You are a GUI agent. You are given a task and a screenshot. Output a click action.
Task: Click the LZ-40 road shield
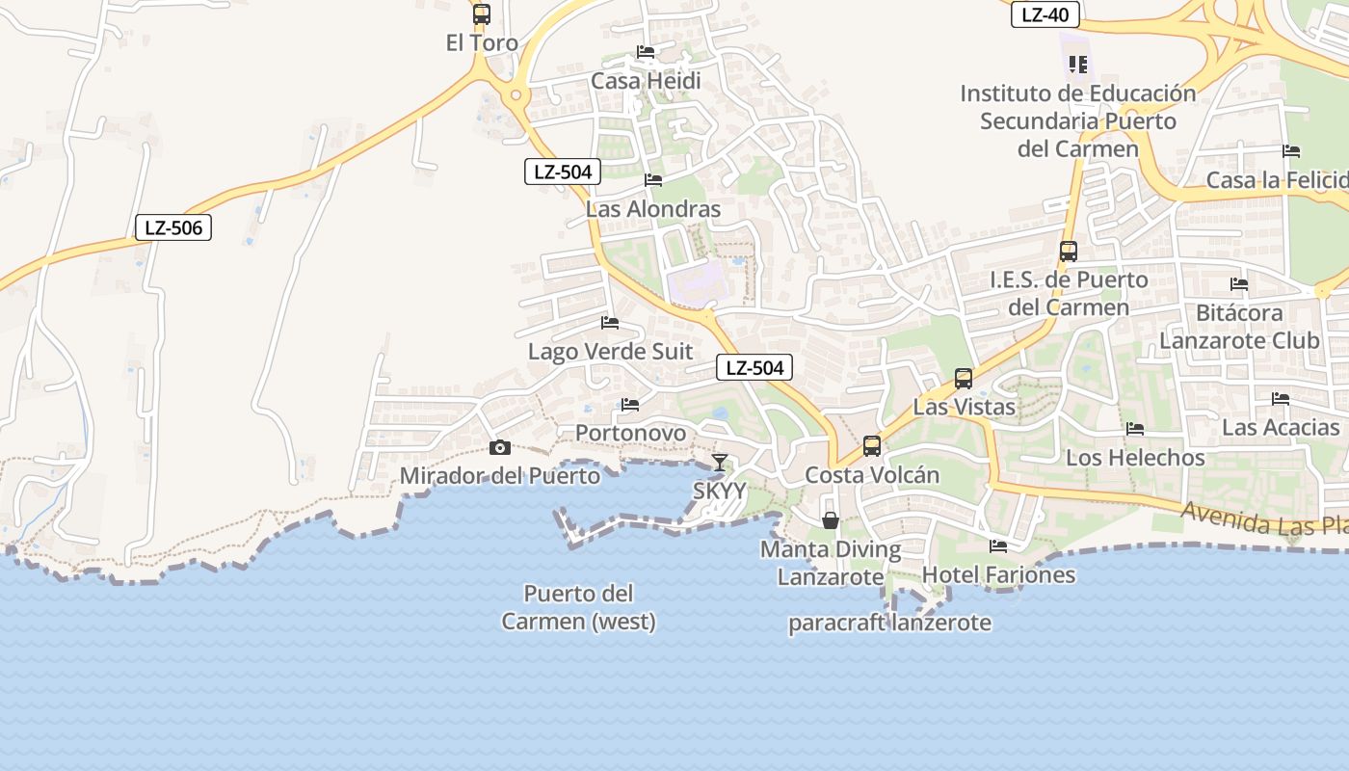[x=1045, y=14]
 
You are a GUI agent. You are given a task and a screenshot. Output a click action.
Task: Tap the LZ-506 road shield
[x=172, y=227]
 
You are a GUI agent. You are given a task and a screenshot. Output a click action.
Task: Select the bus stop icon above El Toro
[x=482, y=14]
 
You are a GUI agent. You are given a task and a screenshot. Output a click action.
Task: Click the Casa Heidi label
[x=646, y=81]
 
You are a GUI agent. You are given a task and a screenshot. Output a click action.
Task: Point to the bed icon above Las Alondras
[x=653, y=180]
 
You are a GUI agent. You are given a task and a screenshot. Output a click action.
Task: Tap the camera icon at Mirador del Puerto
[x=499, y=447]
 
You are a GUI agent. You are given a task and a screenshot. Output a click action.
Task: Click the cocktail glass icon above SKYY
[x=719, y=463]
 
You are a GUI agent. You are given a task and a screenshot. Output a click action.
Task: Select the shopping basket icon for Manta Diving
[x=830, y=520]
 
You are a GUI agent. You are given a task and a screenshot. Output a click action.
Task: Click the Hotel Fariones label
[x=998, y=575]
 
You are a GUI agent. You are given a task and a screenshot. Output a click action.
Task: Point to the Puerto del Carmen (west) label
[x=578, y=607]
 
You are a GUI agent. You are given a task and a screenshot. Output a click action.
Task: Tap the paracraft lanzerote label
[x=889, y=623]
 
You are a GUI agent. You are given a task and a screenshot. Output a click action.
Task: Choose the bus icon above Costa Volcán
[x=872, y=446]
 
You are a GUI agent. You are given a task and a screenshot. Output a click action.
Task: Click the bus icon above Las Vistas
[x=964, y=379]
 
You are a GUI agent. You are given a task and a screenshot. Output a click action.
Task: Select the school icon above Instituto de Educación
[x=1077, y=65]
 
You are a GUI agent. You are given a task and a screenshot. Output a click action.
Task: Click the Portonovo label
[x=631, y=433]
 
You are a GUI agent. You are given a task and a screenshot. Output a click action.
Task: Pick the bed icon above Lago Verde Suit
[x=610, y=323]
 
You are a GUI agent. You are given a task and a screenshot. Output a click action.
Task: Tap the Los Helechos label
[x=1135, y=457]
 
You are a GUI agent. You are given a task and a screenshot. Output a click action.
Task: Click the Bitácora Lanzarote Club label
[x=1239, y=327]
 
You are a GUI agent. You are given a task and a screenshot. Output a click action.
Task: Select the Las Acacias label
[x=1281, y=427]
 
